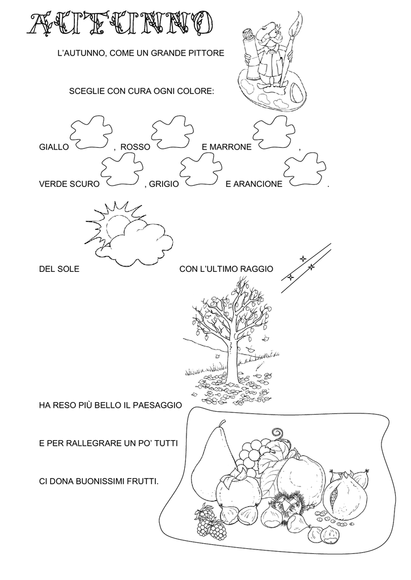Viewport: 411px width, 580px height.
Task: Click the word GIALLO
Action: click(x=54, y=147)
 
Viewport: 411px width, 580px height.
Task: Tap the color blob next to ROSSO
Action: click(x=173, y=135)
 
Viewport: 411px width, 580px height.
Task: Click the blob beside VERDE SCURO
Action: click(x=122, y=170)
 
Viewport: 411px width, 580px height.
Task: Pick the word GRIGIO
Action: click(x=164, y=184)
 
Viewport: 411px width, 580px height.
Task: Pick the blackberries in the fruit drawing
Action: click(x=210, y=521)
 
